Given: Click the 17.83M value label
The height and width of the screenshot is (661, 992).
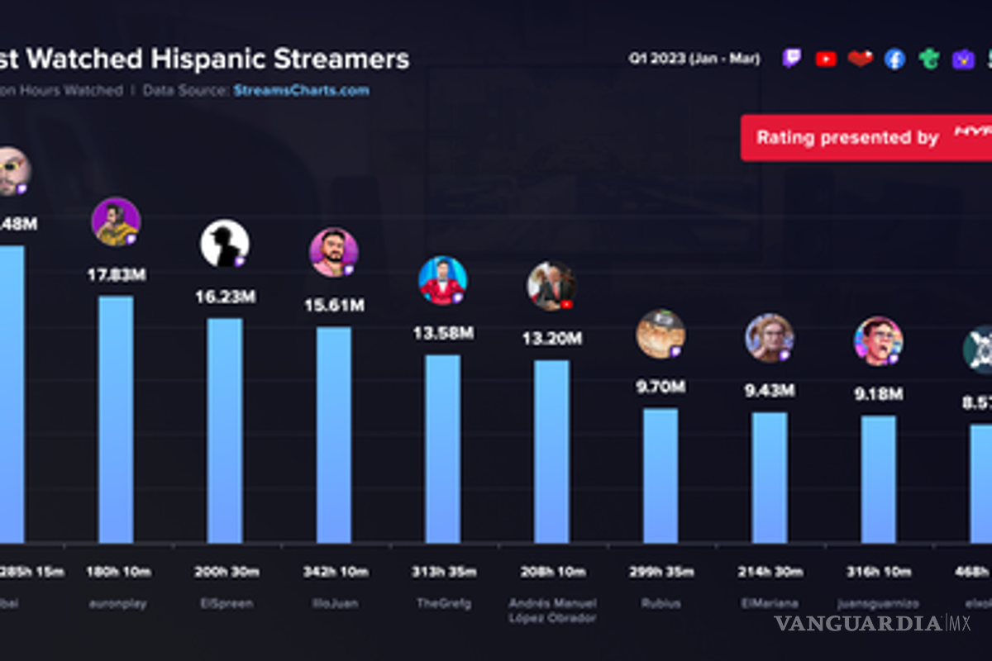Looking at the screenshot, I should click(117, 275).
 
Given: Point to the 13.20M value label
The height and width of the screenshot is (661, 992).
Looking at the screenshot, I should click(551, 339).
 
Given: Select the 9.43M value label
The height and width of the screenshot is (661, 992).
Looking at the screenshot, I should click(769, 391).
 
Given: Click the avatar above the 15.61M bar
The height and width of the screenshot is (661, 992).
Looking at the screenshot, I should click(333, 252).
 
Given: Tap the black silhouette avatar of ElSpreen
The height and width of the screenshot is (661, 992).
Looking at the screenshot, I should click(224, 243).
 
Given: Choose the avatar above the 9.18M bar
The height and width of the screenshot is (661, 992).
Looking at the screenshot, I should click(878, 340).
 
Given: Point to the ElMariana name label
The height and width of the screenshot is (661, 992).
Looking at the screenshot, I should click(769, 603).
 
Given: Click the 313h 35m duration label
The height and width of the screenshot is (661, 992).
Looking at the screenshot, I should click(442, 572).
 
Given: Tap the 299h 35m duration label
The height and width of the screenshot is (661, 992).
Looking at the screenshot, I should click(661, 572).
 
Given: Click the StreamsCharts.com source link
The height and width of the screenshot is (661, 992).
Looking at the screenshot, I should click(301, 91).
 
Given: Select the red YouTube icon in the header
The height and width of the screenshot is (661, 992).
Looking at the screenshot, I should click(825, 59).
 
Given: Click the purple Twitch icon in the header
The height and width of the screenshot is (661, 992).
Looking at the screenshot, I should click(791, 59).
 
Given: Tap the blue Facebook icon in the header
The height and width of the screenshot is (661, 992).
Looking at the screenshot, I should click(894, 59).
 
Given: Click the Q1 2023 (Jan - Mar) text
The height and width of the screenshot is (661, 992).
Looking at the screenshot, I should click(694, 59).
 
